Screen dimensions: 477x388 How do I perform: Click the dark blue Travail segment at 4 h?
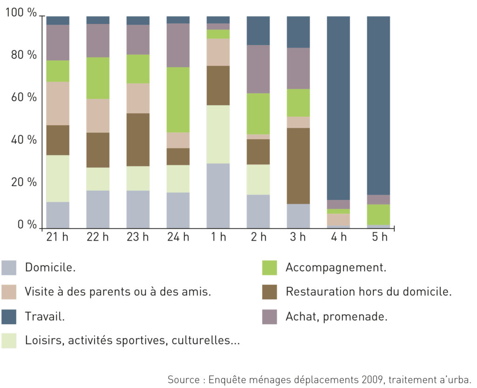point(338,108)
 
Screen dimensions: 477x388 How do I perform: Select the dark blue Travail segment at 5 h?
point(378,106)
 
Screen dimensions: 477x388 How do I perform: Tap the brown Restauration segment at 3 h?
point(298,166)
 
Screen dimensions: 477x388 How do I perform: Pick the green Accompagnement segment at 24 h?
point(178,100)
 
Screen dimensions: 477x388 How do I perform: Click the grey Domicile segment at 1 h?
point(218,196)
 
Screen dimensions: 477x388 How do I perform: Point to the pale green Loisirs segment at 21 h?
point(58,179)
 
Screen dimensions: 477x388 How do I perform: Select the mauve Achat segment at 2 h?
point(258,69)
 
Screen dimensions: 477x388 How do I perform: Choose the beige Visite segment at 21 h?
point(58,103)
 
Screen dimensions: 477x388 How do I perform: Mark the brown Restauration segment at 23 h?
point(138,140)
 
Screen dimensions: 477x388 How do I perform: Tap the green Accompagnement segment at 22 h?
point(98,78)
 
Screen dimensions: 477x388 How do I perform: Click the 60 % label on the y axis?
point(24,97)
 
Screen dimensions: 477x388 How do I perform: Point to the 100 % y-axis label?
point(21,13)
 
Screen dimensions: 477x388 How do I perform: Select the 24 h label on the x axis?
point(178,237)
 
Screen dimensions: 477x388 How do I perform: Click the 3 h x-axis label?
point(298,237)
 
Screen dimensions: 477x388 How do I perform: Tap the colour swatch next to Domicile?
point(9,268)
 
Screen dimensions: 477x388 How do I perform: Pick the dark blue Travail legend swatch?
point(9,317)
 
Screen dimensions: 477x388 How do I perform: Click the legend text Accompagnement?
point(336,267)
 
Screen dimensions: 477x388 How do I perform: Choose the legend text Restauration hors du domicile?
point(369,292)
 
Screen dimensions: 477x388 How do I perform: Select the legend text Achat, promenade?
point(336,317)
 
